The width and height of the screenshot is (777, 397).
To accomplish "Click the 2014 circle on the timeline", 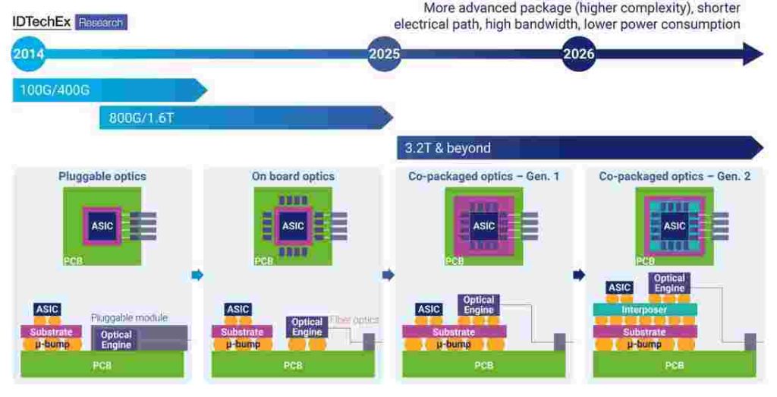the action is [x=28, y=54].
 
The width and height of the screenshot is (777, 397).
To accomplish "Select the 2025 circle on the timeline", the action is [x=384, y=54].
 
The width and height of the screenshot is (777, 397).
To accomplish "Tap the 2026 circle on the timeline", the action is [x=578, y=54].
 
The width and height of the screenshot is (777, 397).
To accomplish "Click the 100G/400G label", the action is [x=55, y=90].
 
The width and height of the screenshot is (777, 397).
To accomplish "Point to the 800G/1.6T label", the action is [x=142, y=118].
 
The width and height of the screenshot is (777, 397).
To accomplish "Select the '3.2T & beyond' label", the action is [x=448, y=148].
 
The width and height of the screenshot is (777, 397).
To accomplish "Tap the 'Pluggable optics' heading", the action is [x=102, y=176].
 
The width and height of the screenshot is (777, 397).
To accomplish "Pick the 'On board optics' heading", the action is [x=293, y=176].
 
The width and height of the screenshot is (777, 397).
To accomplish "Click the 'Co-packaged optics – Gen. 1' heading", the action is [x=483, y=176].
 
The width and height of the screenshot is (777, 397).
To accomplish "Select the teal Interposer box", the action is [x=645, y=310].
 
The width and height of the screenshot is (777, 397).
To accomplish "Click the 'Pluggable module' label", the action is [x=129, y=318].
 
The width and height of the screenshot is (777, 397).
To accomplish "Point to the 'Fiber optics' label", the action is [x=354, y=320].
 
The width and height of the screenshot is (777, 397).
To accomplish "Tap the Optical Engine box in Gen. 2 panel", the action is [x=669, y=283].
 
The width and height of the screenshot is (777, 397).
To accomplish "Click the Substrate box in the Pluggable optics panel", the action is [x=51, y=332].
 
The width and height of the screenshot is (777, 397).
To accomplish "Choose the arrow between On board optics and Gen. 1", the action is [x=388, y=275].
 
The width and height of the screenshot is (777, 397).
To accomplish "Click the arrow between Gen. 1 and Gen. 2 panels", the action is [x=579, y=275].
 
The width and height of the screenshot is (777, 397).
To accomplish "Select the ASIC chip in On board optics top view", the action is [x=293, y=226].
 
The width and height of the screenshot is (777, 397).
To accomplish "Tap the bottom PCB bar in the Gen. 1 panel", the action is [x=483, y=365].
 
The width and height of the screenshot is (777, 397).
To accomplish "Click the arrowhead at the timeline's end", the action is [x=753, y=54].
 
